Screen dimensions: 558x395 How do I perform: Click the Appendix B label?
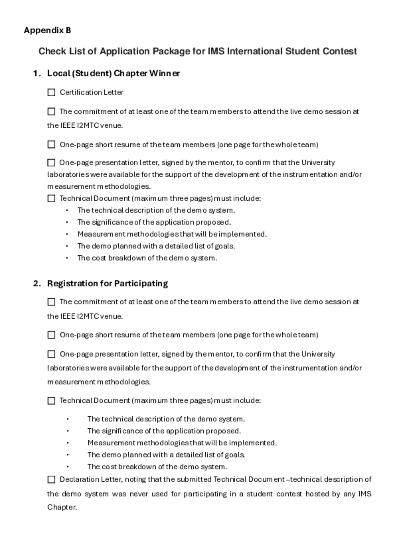[47, 30]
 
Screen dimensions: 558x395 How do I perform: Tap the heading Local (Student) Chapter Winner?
[114, 73]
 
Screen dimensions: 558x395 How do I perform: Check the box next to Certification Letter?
[51, 92]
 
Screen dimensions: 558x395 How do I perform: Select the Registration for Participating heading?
[108, 283]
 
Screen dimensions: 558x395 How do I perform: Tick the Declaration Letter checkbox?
[51, 480]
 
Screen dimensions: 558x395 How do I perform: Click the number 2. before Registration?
[37, 283]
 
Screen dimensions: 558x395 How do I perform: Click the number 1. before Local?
[37, 73]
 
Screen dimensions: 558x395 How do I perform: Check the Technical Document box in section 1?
[51, 198]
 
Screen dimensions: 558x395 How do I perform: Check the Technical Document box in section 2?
[51, 401]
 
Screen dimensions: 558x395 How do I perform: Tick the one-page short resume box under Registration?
[51, 335]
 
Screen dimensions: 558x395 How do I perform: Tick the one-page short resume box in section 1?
[51, 144]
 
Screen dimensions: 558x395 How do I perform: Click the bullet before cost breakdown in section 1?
[67, 258]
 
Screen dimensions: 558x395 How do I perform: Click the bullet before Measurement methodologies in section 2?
[68, 443]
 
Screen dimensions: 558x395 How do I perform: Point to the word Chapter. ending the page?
[62, 507]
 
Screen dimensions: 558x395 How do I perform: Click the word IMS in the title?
[216, 51]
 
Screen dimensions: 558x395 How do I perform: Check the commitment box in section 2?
[51, 302]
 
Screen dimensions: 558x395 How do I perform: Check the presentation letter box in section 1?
[51, 163]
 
